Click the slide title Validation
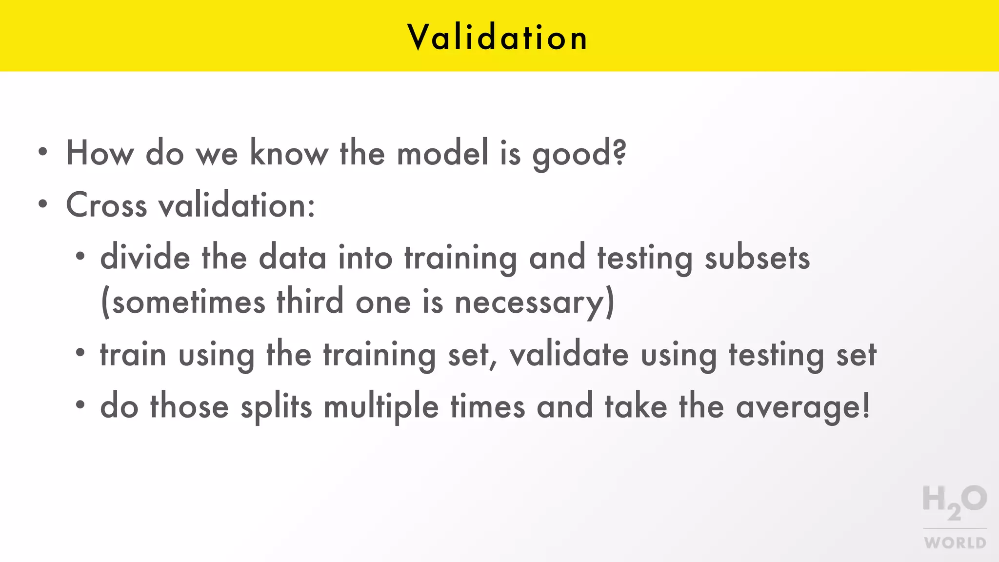tap(498, 37)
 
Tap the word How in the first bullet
tap(100, 153)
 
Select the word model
tap(442, 153)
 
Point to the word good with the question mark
tap(579, 154)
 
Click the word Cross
tap(106, 205)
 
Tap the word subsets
tap(757, 258)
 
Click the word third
tap(310, 302)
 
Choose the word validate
tap(569, 355)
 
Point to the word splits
tap(276, 407)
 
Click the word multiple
tap(381, 407)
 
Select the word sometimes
tap(188, 302)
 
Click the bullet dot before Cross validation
tap(43, 204)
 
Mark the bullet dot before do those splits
tap(80, 404)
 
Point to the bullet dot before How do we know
tap(43, 152)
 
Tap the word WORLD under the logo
tap(955, 543)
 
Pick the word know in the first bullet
tap(289, 153)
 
